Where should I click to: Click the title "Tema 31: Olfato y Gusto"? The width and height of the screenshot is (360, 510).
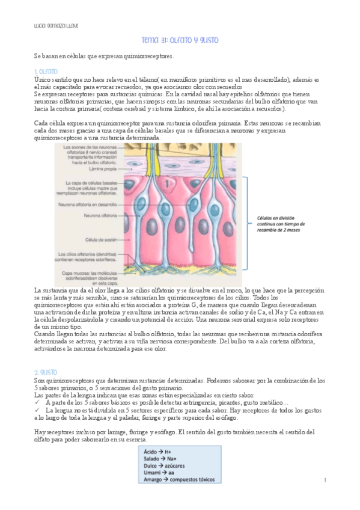(180, 40)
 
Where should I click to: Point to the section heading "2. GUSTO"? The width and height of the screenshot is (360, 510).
(46, 373)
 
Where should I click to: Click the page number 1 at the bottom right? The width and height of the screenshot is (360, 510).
(325, 480)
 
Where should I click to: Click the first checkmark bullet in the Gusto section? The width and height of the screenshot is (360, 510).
(37, 402)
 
